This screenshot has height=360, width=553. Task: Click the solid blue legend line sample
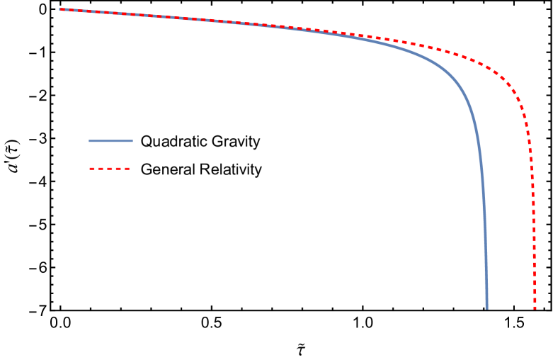point(110,141)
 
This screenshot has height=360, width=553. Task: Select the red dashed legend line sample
point(110,169)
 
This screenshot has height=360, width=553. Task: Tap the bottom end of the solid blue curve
point(486,308)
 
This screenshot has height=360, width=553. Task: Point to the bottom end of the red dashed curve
point(535,308)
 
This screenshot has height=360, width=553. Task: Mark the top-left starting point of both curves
point(60,9)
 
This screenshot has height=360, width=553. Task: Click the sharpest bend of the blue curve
point(464,92)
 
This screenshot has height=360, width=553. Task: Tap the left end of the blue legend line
point(89,141)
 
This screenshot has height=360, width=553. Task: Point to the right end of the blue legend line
point(132,141)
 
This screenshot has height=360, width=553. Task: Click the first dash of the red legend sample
point(92,169)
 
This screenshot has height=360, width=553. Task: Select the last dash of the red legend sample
point(127,169)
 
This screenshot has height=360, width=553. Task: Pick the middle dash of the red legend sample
point(110,169)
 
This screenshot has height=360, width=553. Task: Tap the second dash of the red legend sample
point(101,169)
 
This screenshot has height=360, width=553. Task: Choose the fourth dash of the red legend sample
point(118,169)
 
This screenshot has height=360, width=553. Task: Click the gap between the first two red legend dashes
point(96,169)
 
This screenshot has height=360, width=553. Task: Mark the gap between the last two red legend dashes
point(122,169)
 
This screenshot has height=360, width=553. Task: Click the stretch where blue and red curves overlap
point(177,19)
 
